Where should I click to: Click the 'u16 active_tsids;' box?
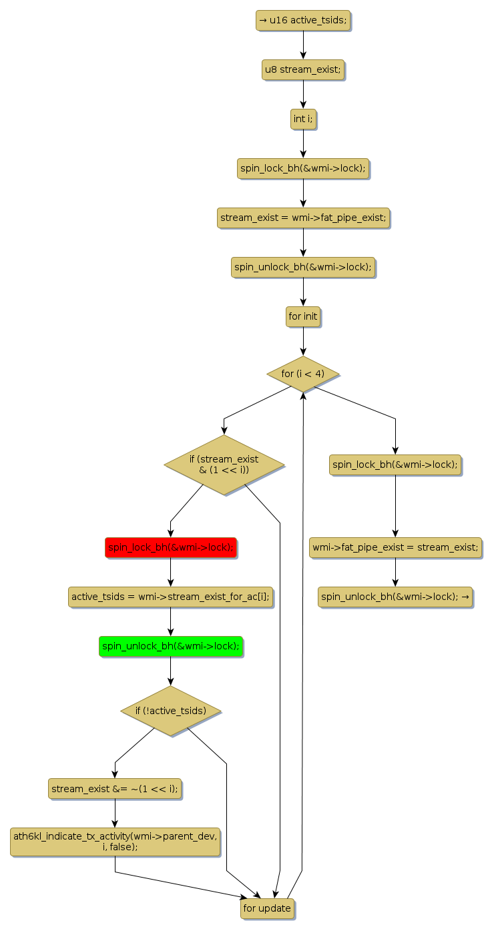303,21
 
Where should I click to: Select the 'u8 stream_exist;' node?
303,70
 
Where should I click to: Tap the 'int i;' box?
303,119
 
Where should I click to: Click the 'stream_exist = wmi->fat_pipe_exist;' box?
303,218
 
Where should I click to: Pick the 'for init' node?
303,317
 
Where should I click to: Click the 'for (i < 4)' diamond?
303,374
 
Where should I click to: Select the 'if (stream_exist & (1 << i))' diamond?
224,465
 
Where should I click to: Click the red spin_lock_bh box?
170,548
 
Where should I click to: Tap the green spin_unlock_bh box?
170,647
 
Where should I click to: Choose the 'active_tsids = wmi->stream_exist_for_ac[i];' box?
170,597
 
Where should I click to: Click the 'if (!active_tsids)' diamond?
170,711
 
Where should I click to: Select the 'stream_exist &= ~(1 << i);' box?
115,789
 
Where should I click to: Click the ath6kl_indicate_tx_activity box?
115,842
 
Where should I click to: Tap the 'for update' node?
267,909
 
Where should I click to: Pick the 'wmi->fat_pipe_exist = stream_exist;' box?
395,548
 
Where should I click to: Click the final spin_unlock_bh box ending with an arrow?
395,597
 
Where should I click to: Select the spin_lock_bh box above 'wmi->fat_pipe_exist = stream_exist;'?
395,465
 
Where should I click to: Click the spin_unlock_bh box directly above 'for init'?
303,268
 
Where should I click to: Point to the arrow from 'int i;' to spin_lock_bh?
303,143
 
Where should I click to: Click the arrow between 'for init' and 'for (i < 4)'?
303,341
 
